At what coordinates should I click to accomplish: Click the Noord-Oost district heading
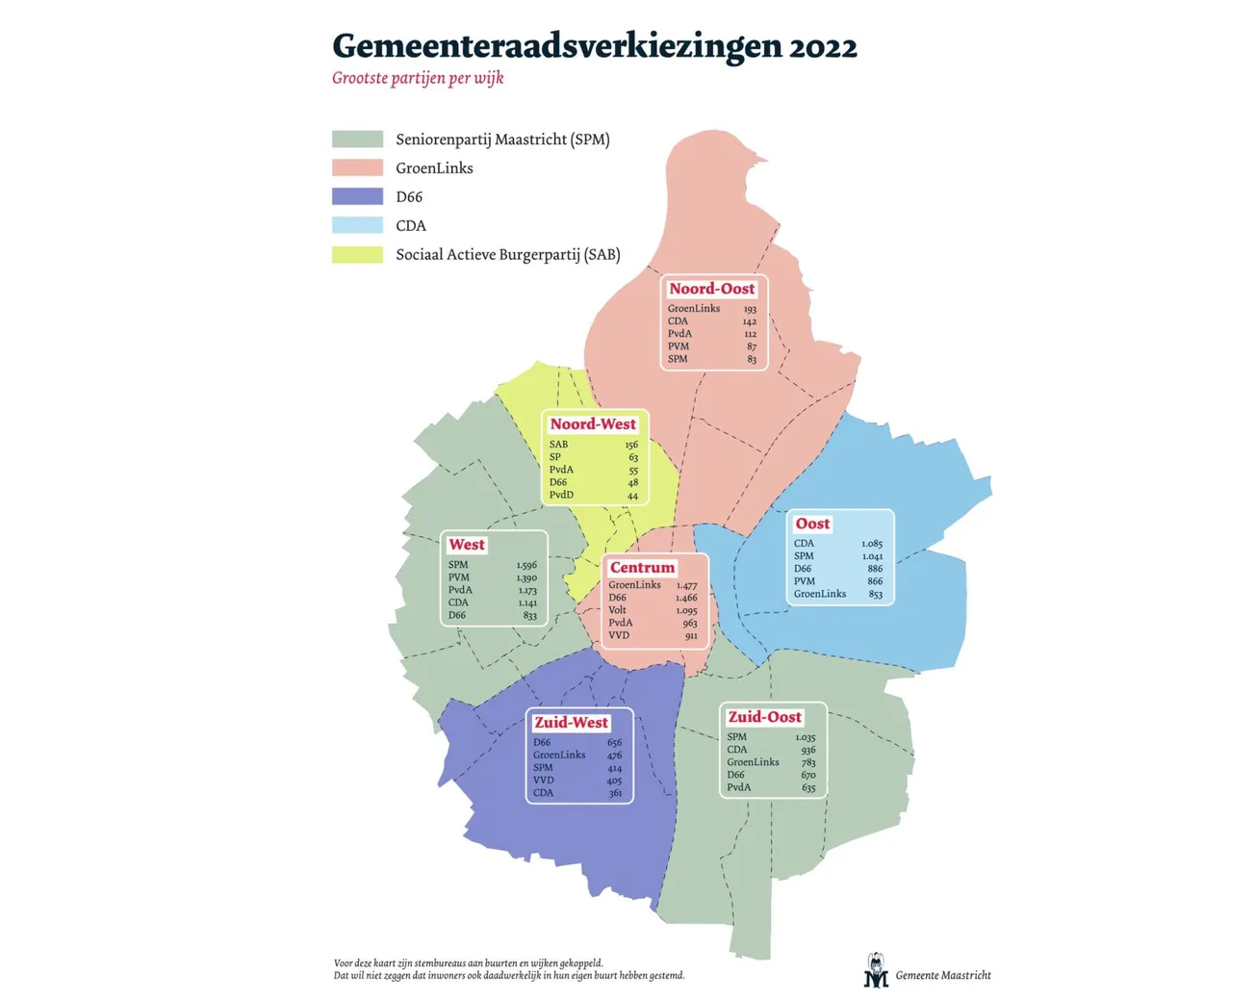[x=712, y=289]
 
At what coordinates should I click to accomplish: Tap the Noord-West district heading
[x=593, y=424]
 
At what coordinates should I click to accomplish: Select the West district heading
[x=467, y=545]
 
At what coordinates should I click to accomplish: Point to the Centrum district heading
[x=642, y=568]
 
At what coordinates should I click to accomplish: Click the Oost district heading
[x=812, y=524]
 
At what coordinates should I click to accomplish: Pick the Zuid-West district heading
[x=572, y=723]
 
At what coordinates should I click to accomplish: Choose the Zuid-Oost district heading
[x=764, y=717]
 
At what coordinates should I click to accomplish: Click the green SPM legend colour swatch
[x=357, y=140]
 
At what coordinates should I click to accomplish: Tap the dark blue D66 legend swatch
[x=357, y=196]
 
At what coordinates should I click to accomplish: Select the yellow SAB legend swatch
[x=357, y=254]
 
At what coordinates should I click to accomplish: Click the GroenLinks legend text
[x=434, y=168]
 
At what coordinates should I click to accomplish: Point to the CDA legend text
[x=411, y=226]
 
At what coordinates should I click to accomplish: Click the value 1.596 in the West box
[x=526, y=566]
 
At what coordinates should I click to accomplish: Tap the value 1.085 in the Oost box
[x=872, y=544]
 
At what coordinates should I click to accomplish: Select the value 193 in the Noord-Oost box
[x=750, y=309]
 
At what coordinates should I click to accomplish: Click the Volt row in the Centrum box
[x=618, y=610]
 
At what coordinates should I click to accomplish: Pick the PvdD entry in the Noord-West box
[x=561, y=496]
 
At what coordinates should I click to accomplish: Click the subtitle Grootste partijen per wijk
[x=418, y=78]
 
